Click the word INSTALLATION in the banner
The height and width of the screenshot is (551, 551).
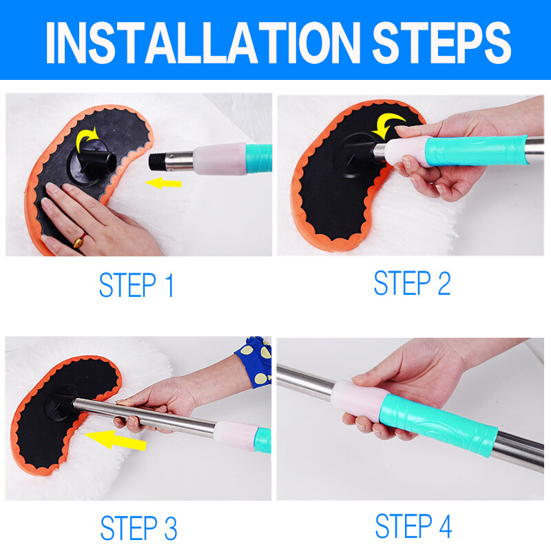203,43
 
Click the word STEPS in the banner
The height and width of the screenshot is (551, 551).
441,43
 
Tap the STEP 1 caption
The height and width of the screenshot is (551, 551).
136,284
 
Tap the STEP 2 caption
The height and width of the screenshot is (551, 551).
412,282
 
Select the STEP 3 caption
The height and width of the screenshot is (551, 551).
139,528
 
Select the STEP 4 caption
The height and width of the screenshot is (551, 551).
414,526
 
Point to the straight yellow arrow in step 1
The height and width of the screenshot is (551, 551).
163,183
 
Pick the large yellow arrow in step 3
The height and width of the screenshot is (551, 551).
115,440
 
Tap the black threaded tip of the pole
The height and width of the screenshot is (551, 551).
157,161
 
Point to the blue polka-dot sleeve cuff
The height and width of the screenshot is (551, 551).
253,361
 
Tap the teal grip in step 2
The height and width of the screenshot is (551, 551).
476,151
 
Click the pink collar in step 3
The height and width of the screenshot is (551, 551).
236,435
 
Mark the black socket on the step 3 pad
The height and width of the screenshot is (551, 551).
60,403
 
